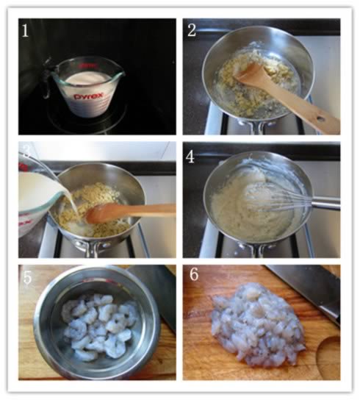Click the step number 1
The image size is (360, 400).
[25, 31]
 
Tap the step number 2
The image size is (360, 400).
[192, 30]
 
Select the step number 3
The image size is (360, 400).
[26, 151]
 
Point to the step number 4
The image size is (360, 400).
[190, 157]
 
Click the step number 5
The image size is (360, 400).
[27, 277]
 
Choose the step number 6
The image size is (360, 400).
[194, 274]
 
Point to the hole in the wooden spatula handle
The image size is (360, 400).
[320, 119]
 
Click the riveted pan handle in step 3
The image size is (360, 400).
[92, 248]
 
